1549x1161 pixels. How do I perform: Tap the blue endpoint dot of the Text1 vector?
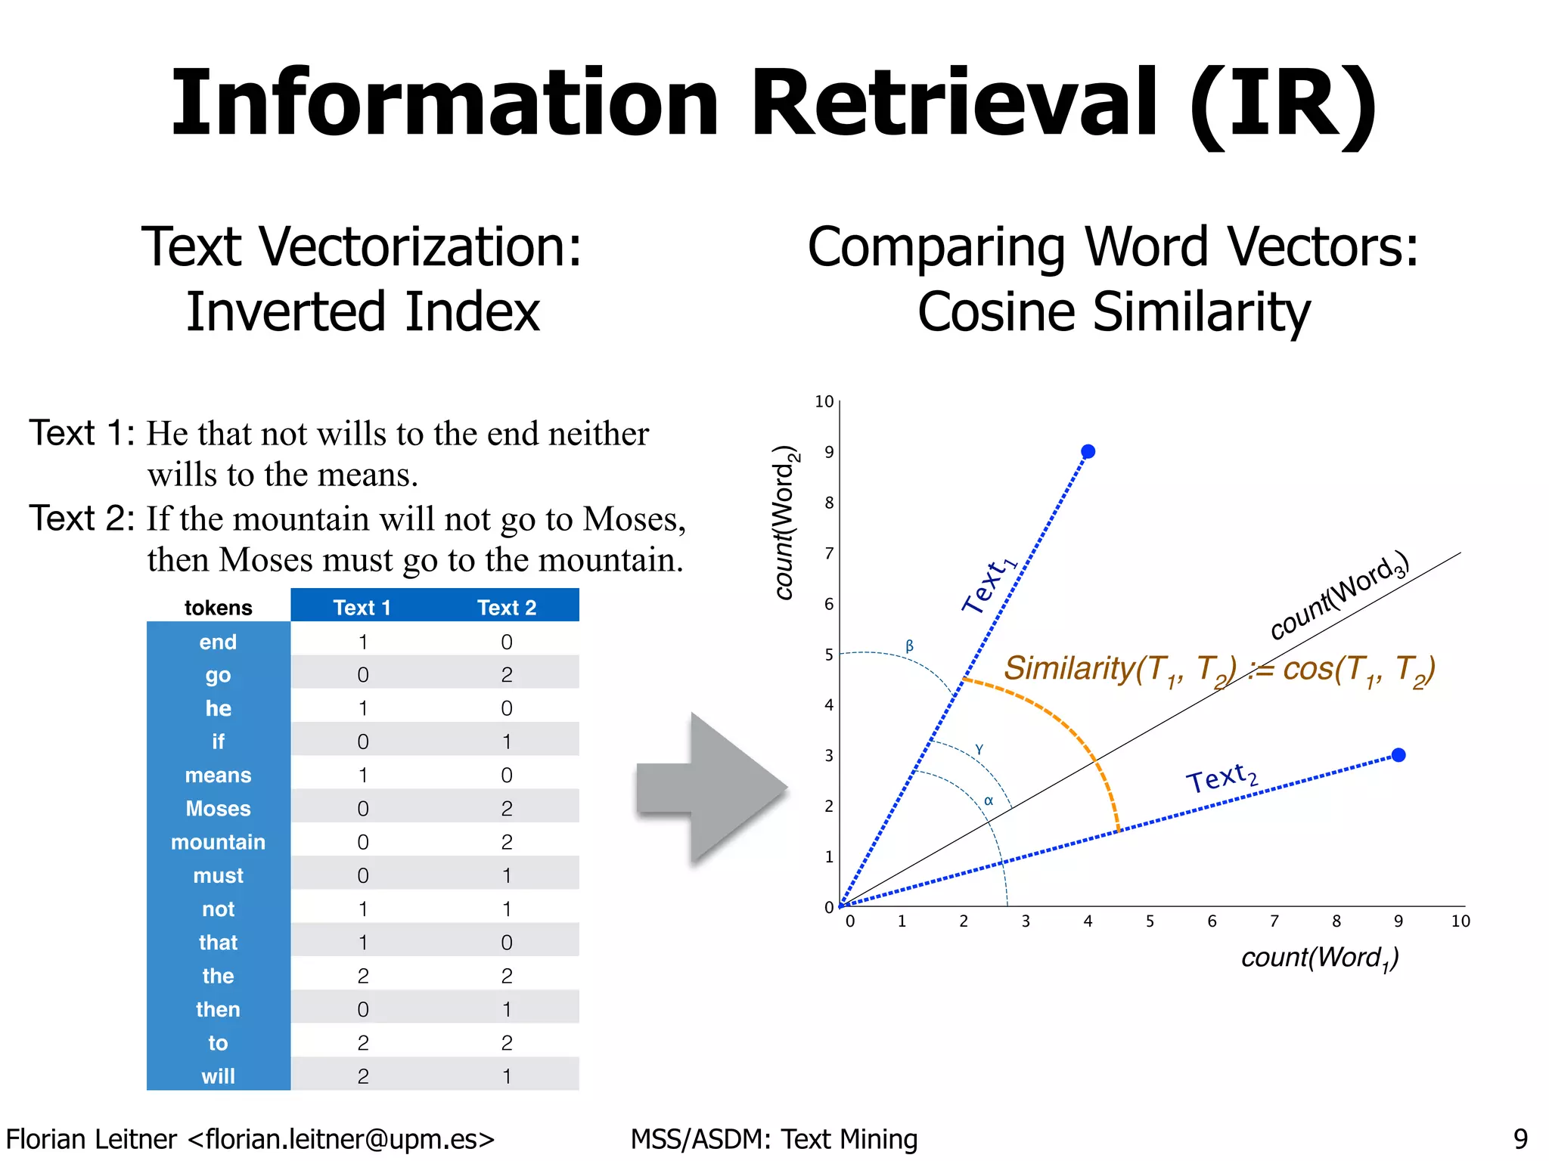pos(1088,451)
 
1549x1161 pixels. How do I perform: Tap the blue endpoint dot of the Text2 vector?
pos(1398,755)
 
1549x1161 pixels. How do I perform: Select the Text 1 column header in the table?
pos(362,607)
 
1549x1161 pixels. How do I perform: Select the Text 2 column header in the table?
pos(507,607)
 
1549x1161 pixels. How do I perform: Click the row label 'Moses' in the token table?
pos(218,808)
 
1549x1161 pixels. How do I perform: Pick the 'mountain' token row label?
pos(218,841)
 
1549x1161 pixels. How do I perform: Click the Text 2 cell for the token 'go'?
pos(507,674)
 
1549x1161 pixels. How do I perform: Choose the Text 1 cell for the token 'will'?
pos(363,1076)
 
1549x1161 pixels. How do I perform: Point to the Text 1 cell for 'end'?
pos(363,642)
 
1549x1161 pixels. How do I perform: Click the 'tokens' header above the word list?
pos(218,608)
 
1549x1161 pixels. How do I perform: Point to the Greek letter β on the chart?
pos(910,646)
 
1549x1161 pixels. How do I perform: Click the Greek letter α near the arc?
pos(988,801)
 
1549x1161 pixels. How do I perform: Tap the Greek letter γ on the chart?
pos(979,749)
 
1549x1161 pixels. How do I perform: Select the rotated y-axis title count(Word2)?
pos(785,523)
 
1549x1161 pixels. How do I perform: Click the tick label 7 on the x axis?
pos(1274,921)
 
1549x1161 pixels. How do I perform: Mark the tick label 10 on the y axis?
pos(824,401)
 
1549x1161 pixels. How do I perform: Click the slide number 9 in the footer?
pos(1520,1138)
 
